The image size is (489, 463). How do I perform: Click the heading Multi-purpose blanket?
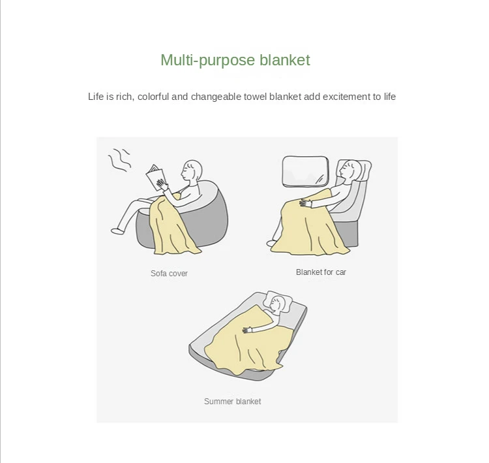click(235, 60)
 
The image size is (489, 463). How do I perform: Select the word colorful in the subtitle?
click(153, 97)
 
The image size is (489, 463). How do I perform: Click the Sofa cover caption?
click(169, 274)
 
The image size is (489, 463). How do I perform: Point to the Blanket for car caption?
click(321, 272)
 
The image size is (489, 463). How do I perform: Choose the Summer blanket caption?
click(232, 401)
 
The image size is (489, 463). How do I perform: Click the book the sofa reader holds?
click(156, 177)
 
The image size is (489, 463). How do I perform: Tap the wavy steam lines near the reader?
click(119, 159)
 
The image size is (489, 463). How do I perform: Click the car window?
click(306, 172)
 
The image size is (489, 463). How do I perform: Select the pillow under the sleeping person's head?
click(278, 301)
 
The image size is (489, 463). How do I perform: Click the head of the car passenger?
click(350, 170)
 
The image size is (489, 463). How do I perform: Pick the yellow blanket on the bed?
click(250, 340)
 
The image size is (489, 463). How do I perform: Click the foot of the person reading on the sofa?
click(117, 231)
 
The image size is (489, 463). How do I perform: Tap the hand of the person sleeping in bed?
click(247, 330)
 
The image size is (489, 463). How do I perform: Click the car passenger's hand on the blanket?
click(306, 203)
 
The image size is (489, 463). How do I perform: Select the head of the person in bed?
click(276, 304)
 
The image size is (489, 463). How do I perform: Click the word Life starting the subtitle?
click(96, 97)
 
